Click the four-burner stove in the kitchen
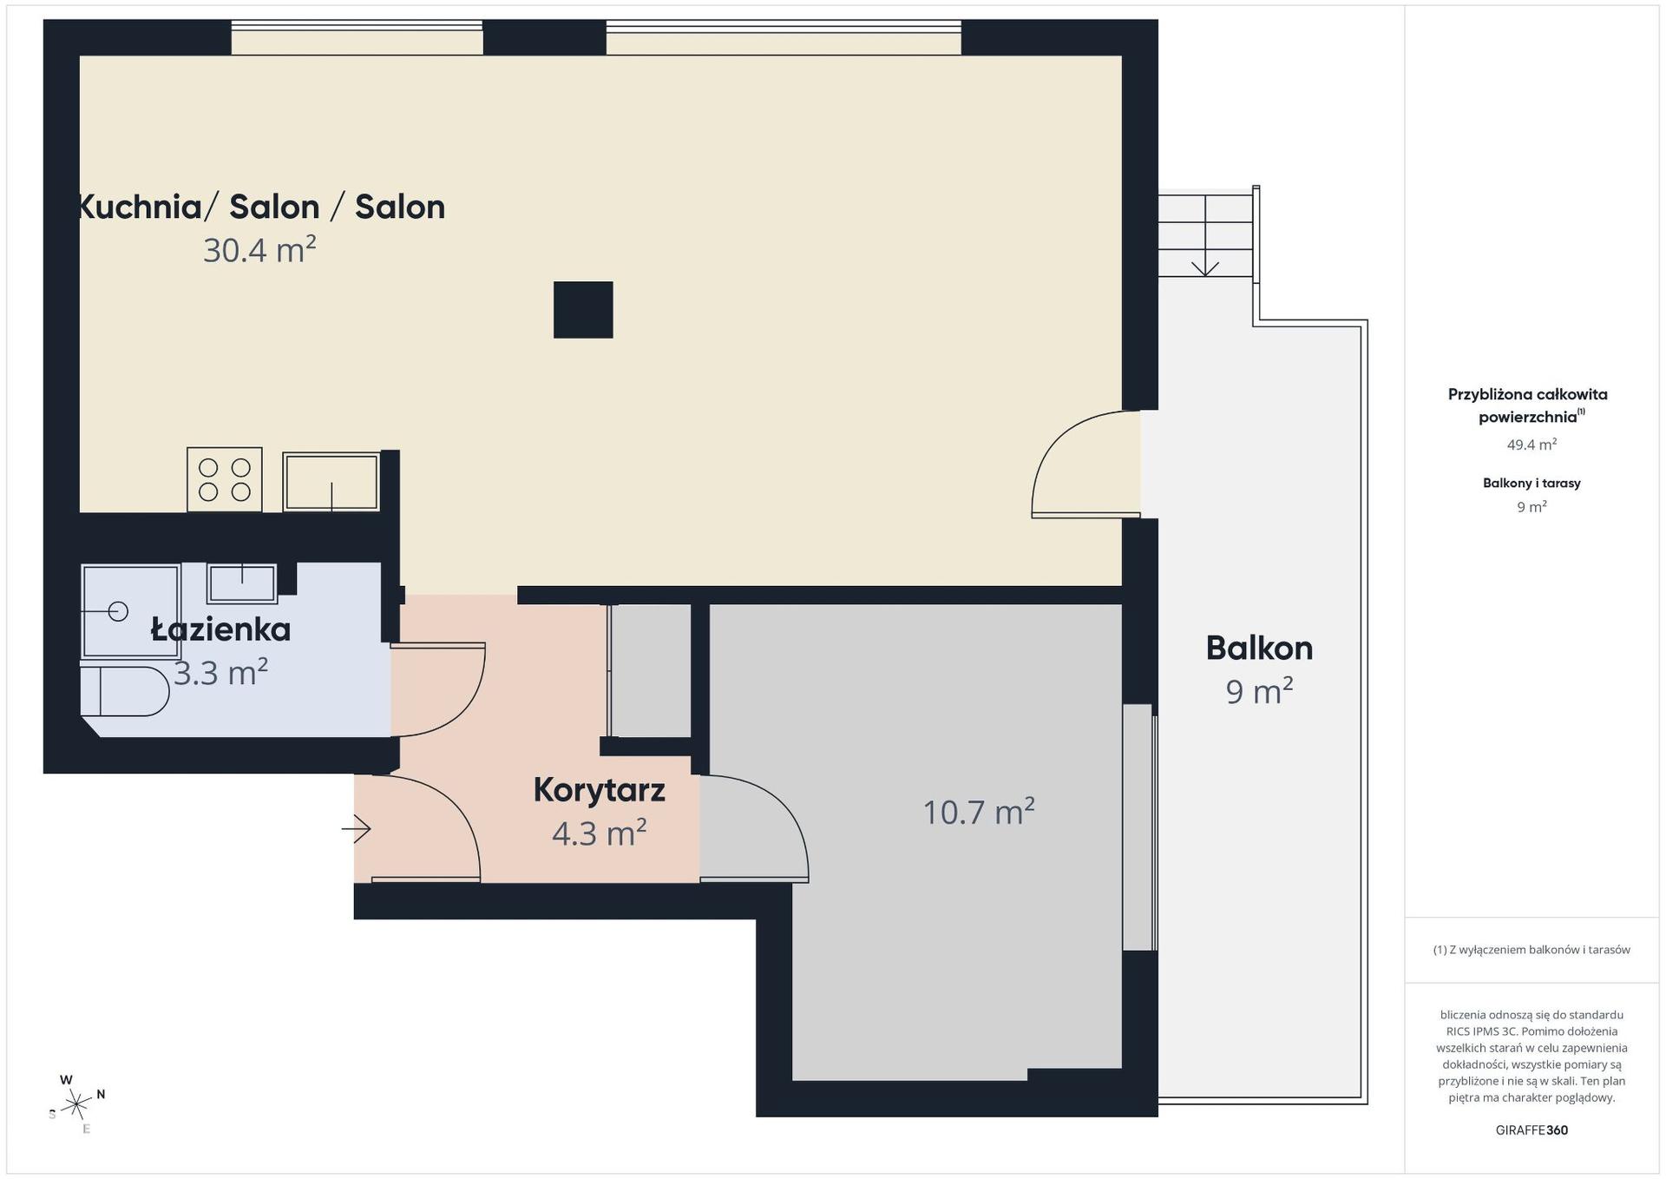click(x=225, y=479)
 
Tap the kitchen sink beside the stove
click(x=331, y=482)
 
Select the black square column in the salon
click(x=583, y=309)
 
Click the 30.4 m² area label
click(x=259, y=250)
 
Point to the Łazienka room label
click(x=220, y=629)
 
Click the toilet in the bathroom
click(x=125, y=691)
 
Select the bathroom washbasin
click(x=242, y=583)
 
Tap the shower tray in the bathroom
click(x=131, y=611)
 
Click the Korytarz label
click(x=599, y=790)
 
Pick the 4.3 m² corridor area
click(x=599, y=833)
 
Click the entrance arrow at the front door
click(x=356, y=829)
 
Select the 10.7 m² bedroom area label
click(x=979, y=812)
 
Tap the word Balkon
click(x=1259, y=648)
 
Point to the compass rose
click(x=76, y=1104)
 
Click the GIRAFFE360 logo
click(x=1532, y=1130)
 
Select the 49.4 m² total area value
click(x=1532, y=445)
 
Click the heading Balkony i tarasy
click(x=1532, y=483)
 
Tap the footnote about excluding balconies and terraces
click(x=1532, y=950)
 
